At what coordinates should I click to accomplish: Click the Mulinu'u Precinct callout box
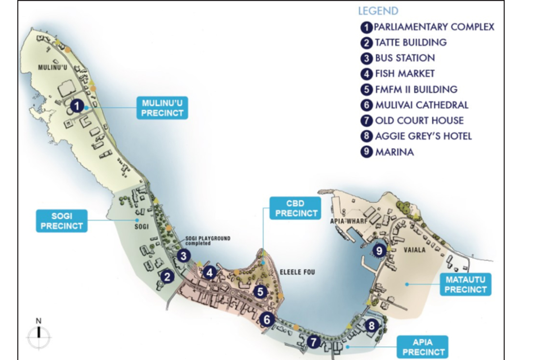pos(162,108)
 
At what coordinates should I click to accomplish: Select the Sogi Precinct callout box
pos(62,221)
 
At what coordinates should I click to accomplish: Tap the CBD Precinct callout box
pos(295,208)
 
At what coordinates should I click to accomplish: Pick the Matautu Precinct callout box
pos(465,284)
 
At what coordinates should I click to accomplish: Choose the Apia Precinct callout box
pos(423,347)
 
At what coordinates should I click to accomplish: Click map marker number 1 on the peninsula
pos(77,106)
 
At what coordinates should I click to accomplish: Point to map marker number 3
pos(184,256)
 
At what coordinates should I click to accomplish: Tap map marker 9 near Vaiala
pos(379,250)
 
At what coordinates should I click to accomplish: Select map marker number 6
pos(267,319)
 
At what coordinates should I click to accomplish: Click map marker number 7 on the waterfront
pos(314,342)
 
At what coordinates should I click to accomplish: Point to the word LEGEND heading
pos(378,11)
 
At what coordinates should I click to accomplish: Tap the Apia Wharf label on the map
pos(348,221)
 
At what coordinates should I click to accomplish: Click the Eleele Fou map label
pos(297,272)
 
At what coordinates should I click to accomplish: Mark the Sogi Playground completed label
pos(207,240)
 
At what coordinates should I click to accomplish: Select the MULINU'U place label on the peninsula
pos(53,67)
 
